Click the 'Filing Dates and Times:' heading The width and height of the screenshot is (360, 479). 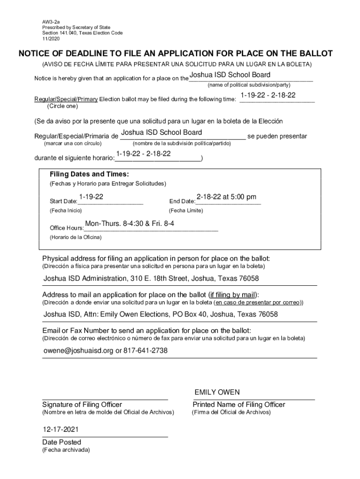click(x=89, y=174)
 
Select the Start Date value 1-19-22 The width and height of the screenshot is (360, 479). click(x=91, y=197)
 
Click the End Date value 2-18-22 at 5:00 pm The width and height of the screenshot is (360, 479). click(x=226, y=197)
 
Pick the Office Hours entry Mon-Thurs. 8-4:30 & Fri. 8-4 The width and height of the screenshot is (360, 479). click(x=130, y=224)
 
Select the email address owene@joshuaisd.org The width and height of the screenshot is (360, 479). click(x=79, y=350)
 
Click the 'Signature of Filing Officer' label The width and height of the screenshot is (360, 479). click(x=82, y=405)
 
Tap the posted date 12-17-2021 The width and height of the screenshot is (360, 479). click(x=61, y=429)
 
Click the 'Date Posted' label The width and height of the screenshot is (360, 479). click(x=62, y=442)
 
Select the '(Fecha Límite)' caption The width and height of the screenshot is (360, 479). click(x=186, y=210)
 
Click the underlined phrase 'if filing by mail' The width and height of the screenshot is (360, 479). click(x=232, y=295)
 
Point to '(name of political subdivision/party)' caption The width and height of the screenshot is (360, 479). click(x=249, y=85)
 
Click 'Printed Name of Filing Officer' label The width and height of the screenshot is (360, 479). click(x=238, y=405)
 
